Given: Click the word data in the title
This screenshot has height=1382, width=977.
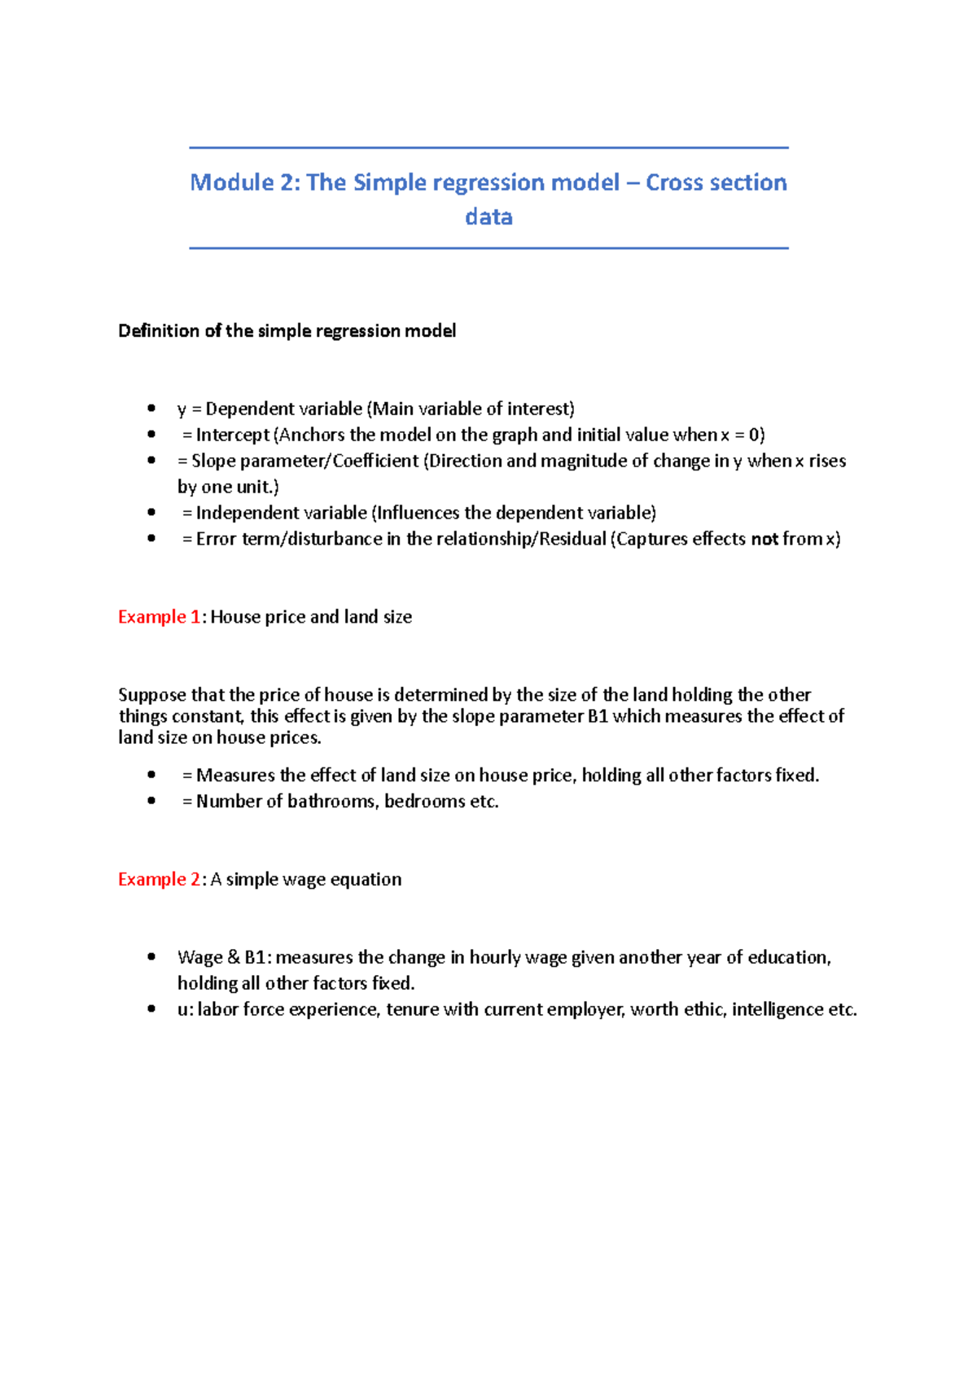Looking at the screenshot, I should click(x=488, y=217).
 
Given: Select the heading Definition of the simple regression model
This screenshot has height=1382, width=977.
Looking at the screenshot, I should click(x=287, y=331).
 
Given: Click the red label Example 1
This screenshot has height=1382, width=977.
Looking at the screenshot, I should click(x=159, y=617).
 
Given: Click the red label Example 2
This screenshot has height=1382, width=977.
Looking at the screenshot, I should click(x=159, y=879).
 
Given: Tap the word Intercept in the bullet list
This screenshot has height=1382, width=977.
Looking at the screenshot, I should click(x=232, y=435).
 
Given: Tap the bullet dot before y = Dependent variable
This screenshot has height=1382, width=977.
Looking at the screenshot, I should click(x=151, y=408).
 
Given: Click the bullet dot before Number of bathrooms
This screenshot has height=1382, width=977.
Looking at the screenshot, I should click(x=151, y=801).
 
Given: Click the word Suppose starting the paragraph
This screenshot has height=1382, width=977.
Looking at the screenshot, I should click(x=151, y=695).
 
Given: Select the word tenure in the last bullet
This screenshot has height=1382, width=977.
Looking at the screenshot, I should click(x=412, y=1009).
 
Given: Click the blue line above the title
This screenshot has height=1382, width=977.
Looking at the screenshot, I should click(x=488, y=148).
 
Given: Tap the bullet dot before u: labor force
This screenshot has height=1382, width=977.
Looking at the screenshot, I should click(x=151, y=1008).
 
